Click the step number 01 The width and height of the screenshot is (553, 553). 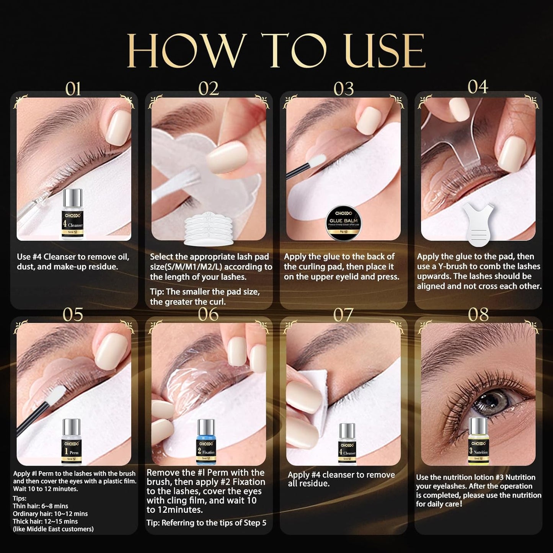[73, 89]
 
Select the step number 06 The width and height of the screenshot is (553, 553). [208, 314]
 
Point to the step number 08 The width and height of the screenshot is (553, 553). [478, 315]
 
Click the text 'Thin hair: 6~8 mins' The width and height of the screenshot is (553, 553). [41, 506]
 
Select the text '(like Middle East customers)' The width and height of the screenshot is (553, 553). [53, 529]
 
